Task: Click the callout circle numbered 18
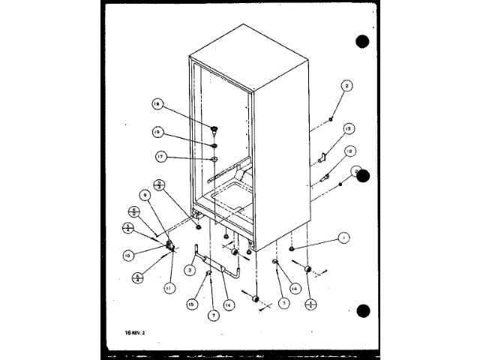[158, 105]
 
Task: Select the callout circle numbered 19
[158, 132]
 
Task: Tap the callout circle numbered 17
[161, 157]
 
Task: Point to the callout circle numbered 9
[146, 195]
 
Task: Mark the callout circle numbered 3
[190, 269]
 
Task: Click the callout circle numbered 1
[343, 238]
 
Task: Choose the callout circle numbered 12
[350, 151]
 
